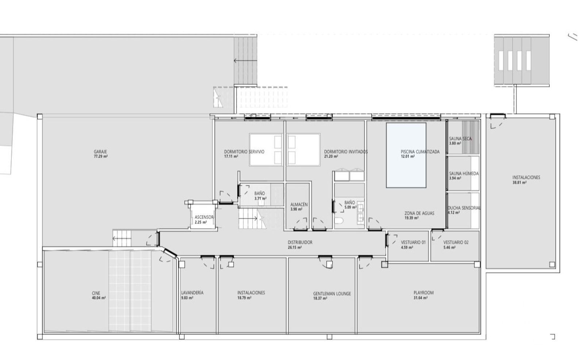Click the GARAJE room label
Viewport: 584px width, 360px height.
click(x=100, y=152)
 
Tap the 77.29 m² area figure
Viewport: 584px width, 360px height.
click(x=101, y=157)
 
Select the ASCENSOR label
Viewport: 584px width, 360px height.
click(x=204, y=217)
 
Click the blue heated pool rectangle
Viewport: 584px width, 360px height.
click(x=406, y=155)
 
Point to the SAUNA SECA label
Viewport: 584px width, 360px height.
click(x=460, y=139)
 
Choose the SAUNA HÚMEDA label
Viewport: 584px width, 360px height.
click(x=464, y=173)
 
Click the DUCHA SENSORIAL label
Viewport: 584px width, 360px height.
click(x=464, y=208)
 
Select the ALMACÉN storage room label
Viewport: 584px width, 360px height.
click(x=299, y=204)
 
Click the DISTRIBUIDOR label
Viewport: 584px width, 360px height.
click(x=300, y=242)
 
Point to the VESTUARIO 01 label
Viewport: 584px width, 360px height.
click(x=413, y=242)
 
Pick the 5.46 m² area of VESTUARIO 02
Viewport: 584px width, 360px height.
click(x=449, y=247)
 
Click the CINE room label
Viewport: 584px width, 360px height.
click(x=96, y=293)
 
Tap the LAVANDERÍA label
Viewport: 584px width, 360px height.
click(x=192, y=293)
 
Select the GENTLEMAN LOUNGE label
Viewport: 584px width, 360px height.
click(x=332, y=294)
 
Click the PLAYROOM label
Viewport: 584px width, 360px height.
click(x=424, y=293)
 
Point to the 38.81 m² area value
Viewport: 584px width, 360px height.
click(x=520, y=183)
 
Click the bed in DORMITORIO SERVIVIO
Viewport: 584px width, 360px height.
click(x=266, y=150)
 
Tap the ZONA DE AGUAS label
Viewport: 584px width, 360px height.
click(x=419, y=213)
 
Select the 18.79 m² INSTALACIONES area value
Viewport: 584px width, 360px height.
click(x=244, y=298)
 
